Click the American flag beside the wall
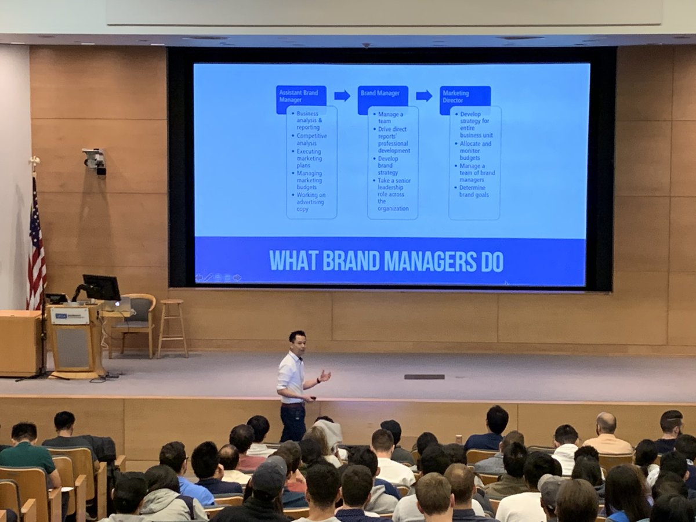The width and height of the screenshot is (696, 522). point(37,244)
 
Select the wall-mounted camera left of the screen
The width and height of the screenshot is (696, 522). point(95,160)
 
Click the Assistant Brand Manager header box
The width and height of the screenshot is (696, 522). point(300,99)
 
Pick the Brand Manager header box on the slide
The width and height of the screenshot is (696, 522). point(382,99)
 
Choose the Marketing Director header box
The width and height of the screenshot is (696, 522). point(465,99)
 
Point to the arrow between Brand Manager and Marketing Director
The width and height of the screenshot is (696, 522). point(424,96)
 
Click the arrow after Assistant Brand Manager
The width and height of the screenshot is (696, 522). point(342,96)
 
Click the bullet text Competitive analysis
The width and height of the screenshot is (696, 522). point(311,140)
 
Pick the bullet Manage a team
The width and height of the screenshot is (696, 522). point(390,118)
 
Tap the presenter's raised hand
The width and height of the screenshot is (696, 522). point(324,376)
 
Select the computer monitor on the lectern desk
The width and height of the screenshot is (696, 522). point(101,288)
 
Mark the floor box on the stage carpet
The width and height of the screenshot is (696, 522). point(424,376)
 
